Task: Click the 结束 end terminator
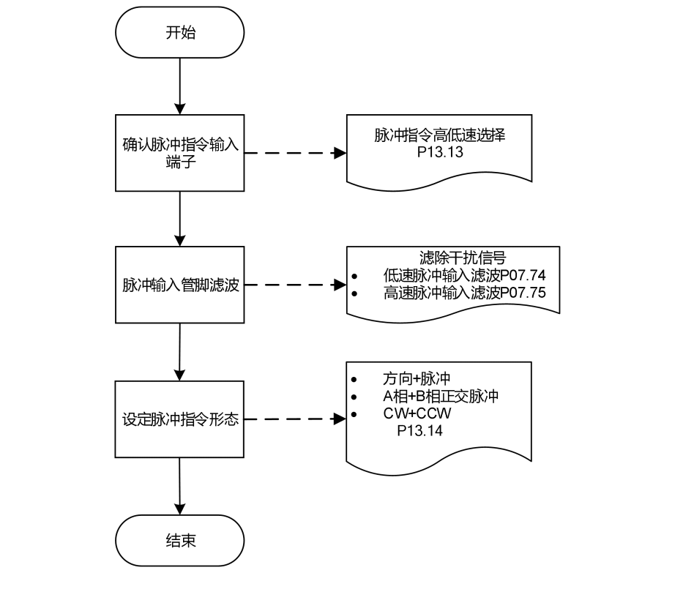[180, 541]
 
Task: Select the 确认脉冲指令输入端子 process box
[180, 153]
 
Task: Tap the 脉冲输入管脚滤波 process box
[180, 285]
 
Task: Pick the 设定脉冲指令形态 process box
[180, 420]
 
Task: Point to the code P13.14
[419, 431]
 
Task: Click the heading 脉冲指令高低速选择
[438, 135]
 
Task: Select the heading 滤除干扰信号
[453, 258]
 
